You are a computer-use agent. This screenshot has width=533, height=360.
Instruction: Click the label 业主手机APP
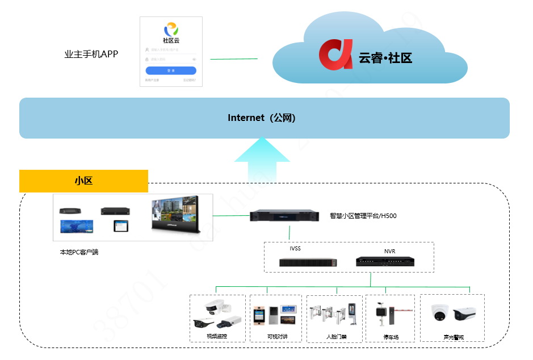(91, 55)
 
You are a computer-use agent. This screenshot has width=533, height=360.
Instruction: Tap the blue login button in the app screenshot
(171, 70)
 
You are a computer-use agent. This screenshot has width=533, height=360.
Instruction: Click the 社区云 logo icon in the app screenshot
(171, 29)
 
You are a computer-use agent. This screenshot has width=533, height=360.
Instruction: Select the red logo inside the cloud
(335, 55)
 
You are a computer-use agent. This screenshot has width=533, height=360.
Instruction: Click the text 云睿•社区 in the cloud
(385, 57)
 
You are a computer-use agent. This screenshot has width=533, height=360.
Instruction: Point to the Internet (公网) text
(262, 118)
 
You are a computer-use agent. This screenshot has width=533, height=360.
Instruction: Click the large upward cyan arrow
(263, 160)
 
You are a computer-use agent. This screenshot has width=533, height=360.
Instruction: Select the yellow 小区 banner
(83, 181)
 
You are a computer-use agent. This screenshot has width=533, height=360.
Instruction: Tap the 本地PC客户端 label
(79, 252)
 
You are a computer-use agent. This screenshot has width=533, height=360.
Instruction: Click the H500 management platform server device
(286, 216)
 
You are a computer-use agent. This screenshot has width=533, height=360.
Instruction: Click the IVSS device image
(308, 262)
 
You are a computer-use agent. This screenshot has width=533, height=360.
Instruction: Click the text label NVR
(389, 251)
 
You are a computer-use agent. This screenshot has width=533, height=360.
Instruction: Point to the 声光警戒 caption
(453, 337)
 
